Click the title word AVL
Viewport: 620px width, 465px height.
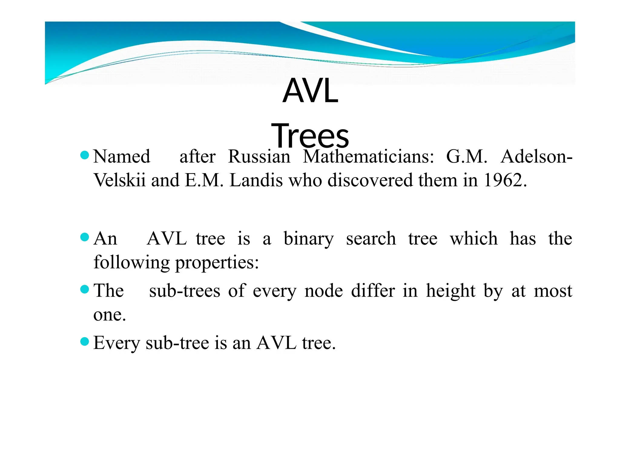(310, 91)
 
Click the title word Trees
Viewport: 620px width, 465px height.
(310, 136)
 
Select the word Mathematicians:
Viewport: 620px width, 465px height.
(368, 157)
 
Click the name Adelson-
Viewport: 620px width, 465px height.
(536, 157)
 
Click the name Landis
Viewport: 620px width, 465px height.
(256, 180)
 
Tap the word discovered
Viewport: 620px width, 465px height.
(370, 180)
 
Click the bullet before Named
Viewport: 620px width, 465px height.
(85, 156)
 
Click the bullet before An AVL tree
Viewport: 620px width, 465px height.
(85, 237)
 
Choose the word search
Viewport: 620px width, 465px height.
(371, 239)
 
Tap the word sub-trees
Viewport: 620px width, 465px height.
(185, 291)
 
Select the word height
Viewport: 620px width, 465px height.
(451, 291)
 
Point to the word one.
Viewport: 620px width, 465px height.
(109, 315)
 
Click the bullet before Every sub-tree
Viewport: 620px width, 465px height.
(85, 342)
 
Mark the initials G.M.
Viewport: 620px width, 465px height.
(467, 157)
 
